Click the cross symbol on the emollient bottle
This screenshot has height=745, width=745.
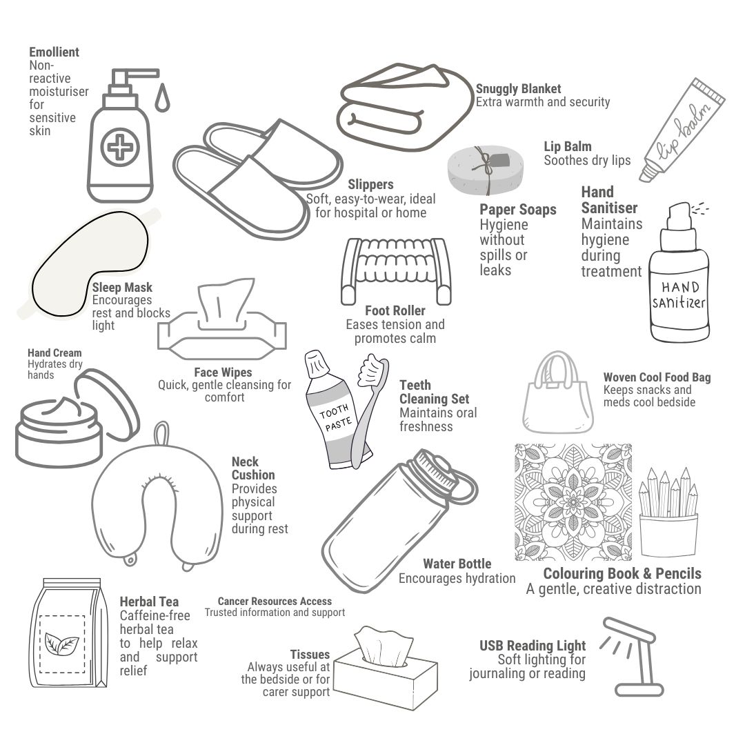tap(120, 147)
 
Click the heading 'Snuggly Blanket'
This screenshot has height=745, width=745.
tap(518, 89)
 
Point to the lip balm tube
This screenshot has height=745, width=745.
tap(682, 130)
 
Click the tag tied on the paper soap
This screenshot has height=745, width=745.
tap(499, 159)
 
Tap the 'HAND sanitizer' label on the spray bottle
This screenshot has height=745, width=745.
tap(679, 295)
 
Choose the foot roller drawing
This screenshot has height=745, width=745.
tap(396, 271)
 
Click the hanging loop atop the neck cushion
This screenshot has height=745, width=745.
tap(162, 433)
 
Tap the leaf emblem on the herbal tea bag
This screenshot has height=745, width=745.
tap(61, 644)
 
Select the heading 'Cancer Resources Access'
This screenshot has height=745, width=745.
tap(275, 601)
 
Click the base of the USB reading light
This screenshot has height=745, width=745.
tap(639, 690)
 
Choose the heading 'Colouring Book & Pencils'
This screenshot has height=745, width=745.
tap(622, 573)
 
